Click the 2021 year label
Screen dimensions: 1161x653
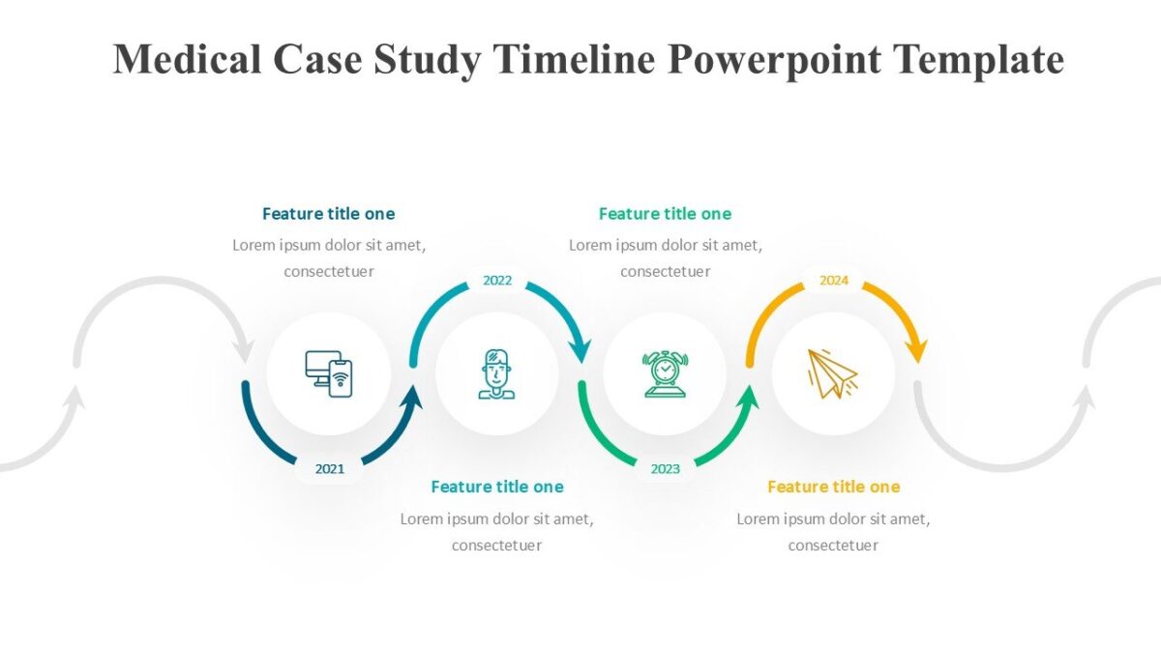(x=330, y=469)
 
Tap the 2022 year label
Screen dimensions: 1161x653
(x=497, y=281)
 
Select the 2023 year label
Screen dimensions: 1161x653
(x=666, y=469)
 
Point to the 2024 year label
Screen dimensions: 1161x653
(x=834, y=281)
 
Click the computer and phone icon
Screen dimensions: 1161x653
(x=329, y=374)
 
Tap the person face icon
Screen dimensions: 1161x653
(x=496, y=374)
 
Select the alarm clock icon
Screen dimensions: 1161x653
(x=665, y=374)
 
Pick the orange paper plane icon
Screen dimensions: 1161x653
(x=833, y=373)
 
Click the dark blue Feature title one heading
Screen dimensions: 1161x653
(x=329, y=214)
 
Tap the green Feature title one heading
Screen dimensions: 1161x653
(x=665, y=214)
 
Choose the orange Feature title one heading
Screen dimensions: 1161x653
(x=834, y=487)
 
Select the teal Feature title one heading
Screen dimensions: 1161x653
(x=497, y=487)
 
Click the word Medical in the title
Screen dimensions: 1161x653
(x=187, y=59)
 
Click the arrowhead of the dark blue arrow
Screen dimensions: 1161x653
(x=411, y=398)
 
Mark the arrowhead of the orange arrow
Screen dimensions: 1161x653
(x=916, y=351)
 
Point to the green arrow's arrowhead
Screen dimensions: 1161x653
(x=748, y=398)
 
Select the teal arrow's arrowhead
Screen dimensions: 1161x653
(x=580, y=351)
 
